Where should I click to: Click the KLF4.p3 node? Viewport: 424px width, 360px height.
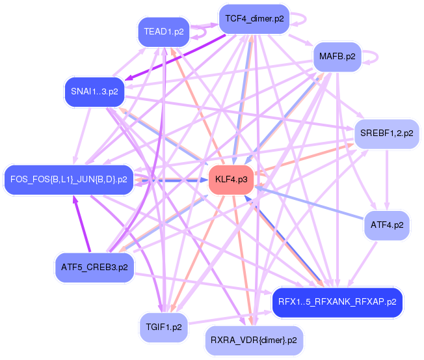[232, 180]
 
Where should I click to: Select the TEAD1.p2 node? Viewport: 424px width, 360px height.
[164, 32]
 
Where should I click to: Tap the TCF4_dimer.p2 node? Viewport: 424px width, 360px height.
[254, 19]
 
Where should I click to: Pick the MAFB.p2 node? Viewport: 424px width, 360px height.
[338, 57]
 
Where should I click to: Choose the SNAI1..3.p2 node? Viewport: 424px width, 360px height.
[94, 92]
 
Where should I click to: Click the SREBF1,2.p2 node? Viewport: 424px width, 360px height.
[387, 133]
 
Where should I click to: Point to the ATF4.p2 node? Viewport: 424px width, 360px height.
[387, 225]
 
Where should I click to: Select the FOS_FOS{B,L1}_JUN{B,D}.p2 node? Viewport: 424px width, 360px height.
[69, 180]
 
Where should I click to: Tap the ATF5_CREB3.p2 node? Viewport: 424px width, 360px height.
[94, 268]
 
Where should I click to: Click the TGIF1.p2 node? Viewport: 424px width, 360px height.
[164, 327]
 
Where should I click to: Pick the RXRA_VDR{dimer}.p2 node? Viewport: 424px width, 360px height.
[254, 340]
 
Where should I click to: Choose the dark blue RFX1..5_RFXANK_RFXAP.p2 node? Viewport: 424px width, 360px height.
[338, 302]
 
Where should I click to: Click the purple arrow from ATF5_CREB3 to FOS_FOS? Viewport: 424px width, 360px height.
[82, 224]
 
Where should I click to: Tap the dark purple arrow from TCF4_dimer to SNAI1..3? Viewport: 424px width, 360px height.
[175, 57]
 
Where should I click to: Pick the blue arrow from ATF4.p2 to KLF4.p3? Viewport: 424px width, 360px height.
[309, 202]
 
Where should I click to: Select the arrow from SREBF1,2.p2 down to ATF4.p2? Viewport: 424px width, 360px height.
[387, 180]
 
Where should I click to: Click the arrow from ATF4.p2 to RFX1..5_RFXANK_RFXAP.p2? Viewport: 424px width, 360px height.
[362, 264]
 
